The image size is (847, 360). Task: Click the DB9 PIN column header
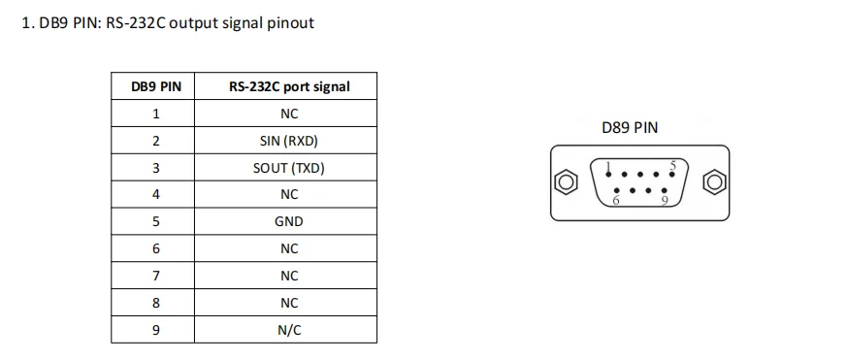156,86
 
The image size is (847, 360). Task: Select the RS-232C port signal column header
289,86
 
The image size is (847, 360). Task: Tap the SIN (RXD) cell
289,141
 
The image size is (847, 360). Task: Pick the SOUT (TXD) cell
289,168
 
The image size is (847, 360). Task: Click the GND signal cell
289,221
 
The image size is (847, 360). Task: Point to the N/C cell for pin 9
289,330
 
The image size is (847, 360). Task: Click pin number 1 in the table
156,114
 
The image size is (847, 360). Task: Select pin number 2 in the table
156,141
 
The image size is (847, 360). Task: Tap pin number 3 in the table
156,168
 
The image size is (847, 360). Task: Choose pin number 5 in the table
156,221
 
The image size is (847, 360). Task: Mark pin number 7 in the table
156,276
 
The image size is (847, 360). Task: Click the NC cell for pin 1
289,114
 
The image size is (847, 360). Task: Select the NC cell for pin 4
289,194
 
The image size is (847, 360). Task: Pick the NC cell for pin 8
289,303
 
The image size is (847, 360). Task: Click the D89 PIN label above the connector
630,127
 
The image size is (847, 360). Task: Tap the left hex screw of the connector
565,182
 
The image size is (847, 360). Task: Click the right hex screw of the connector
715,182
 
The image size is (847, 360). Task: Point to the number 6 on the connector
614,201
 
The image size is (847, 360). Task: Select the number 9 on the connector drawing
665,201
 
